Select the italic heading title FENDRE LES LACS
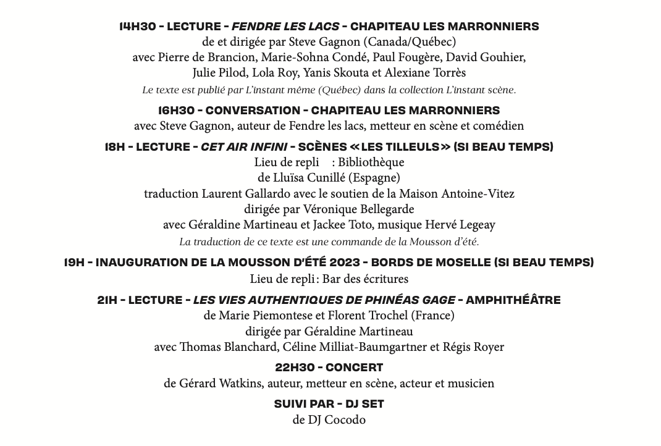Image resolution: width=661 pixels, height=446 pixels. (285, 27)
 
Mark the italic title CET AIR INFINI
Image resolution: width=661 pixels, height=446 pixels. (243, 147)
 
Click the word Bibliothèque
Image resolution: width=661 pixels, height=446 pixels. (371, 162)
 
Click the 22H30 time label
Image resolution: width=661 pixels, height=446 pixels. (295, 368)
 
